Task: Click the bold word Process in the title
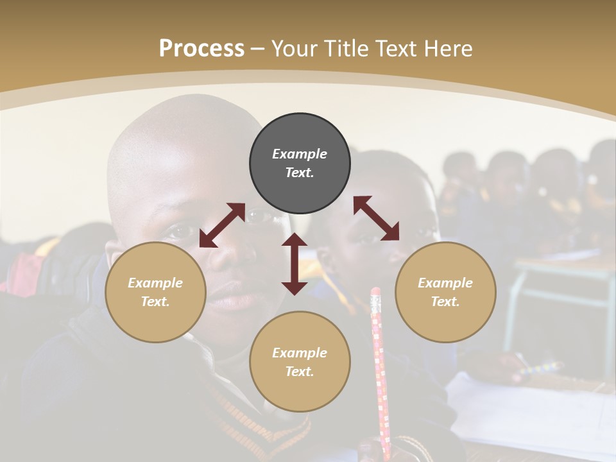pyautogui.click(x=201, y=49)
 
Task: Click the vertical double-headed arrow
pyautogui.click(x=295, y=264)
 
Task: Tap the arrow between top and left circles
pyautogui.click(x=222, y=225)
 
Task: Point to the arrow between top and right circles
pyautogui.click(x=376, y=218)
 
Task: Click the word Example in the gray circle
pyautogui.click(x=300, y=154)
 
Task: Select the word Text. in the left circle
pyautogui.click(x=155, y=302)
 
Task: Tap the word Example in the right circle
pyautogui.click(x=445, y=283)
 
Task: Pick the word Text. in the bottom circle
pyautogui.click(x=300, y=372)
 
